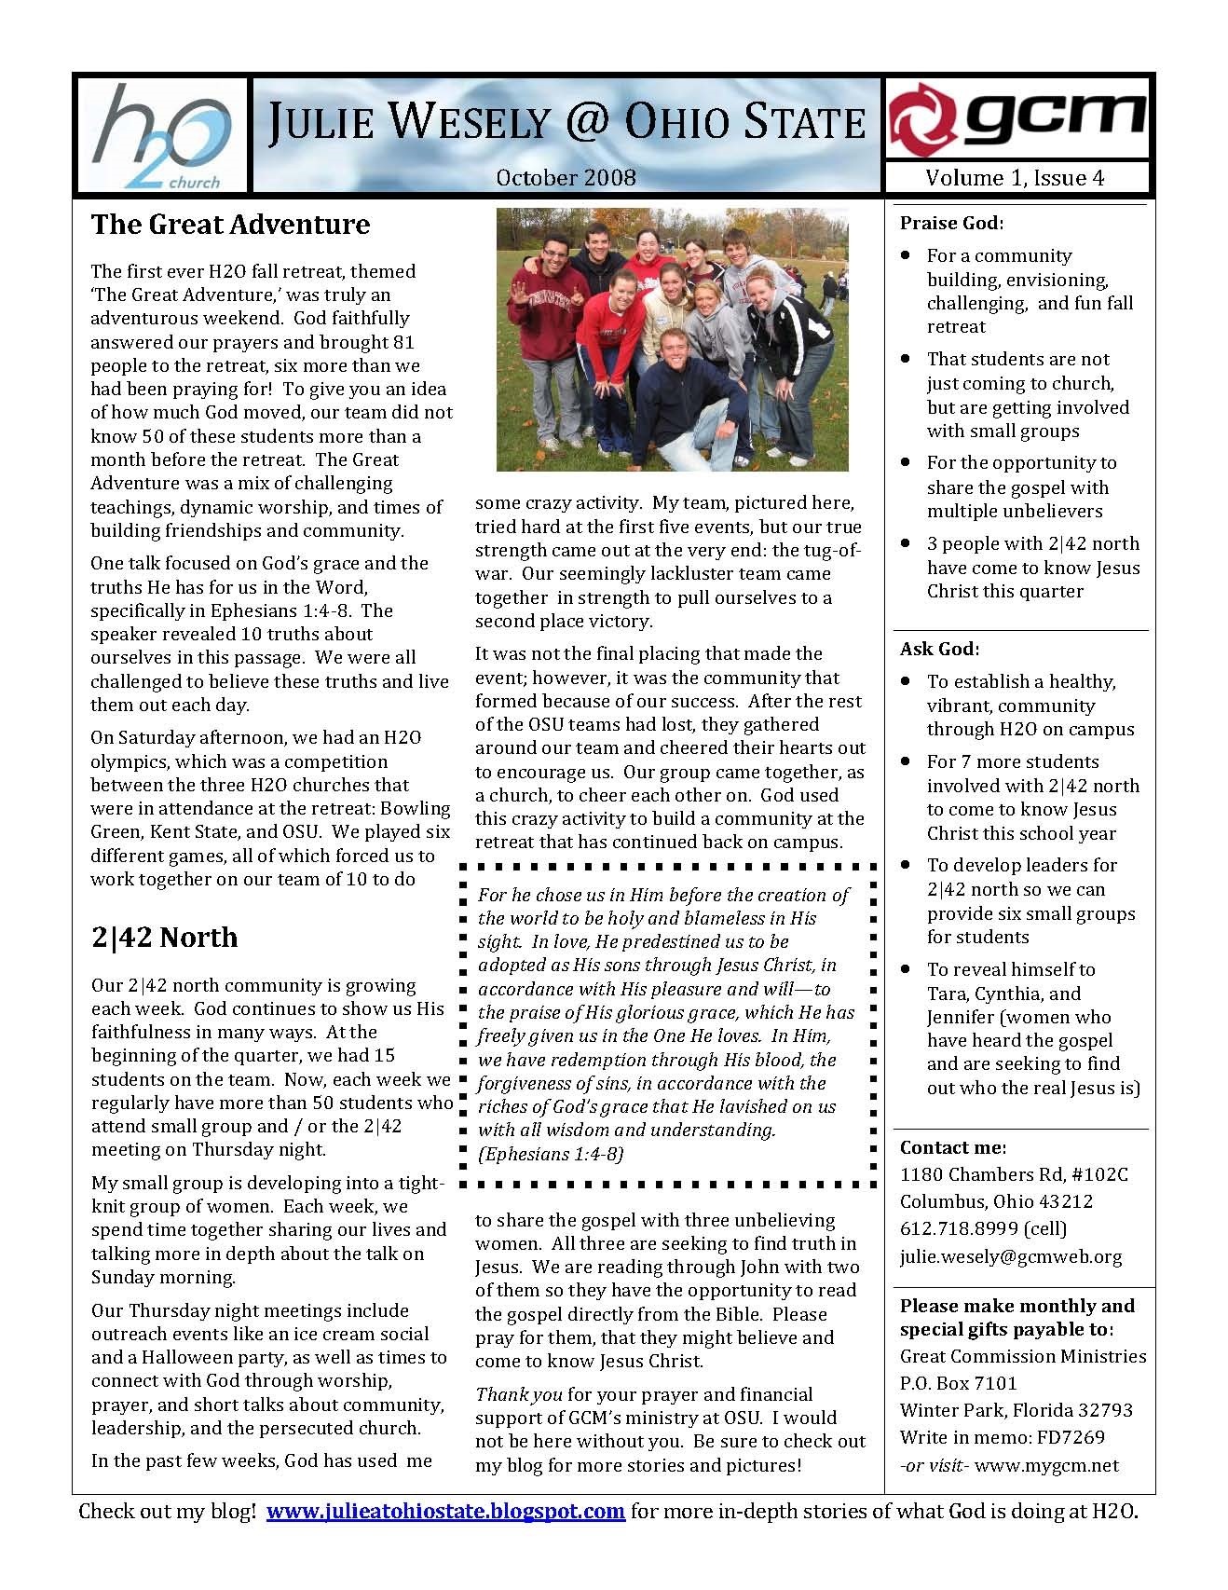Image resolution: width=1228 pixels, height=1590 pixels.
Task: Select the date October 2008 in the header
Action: click(x=566, y=177)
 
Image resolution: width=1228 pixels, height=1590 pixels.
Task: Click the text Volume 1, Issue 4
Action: click(x=1015, y=178)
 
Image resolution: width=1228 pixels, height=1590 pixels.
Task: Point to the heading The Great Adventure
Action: click(x=230, y=225)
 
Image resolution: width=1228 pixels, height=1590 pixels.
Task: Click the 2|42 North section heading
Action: click(x=164, y=937)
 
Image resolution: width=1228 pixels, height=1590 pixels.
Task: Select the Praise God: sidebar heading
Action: click(x=951, y=223)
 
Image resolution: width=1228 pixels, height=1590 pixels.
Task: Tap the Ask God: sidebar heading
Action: click(x=939, y=649)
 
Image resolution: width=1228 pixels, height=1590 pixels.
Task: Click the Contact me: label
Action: click(x=952, y=1147)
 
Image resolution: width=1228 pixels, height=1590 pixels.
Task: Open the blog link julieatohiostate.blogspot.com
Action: click(x=445, y=1511)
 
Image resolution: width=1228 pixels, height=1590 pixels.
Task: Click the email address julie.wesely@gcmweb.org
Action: click(x=1010, y=1256)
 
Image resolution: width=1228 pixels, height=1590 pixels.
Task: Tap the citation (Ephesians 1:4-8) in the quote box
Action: click(x=550, y=1154)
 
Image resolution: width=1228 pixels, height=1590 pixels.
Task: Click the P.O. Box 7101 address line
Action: click(x=958, y=1383)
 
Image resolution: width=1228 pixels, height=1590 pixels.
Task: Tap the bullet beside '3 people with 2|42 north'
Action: click(x=906, y=542)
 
